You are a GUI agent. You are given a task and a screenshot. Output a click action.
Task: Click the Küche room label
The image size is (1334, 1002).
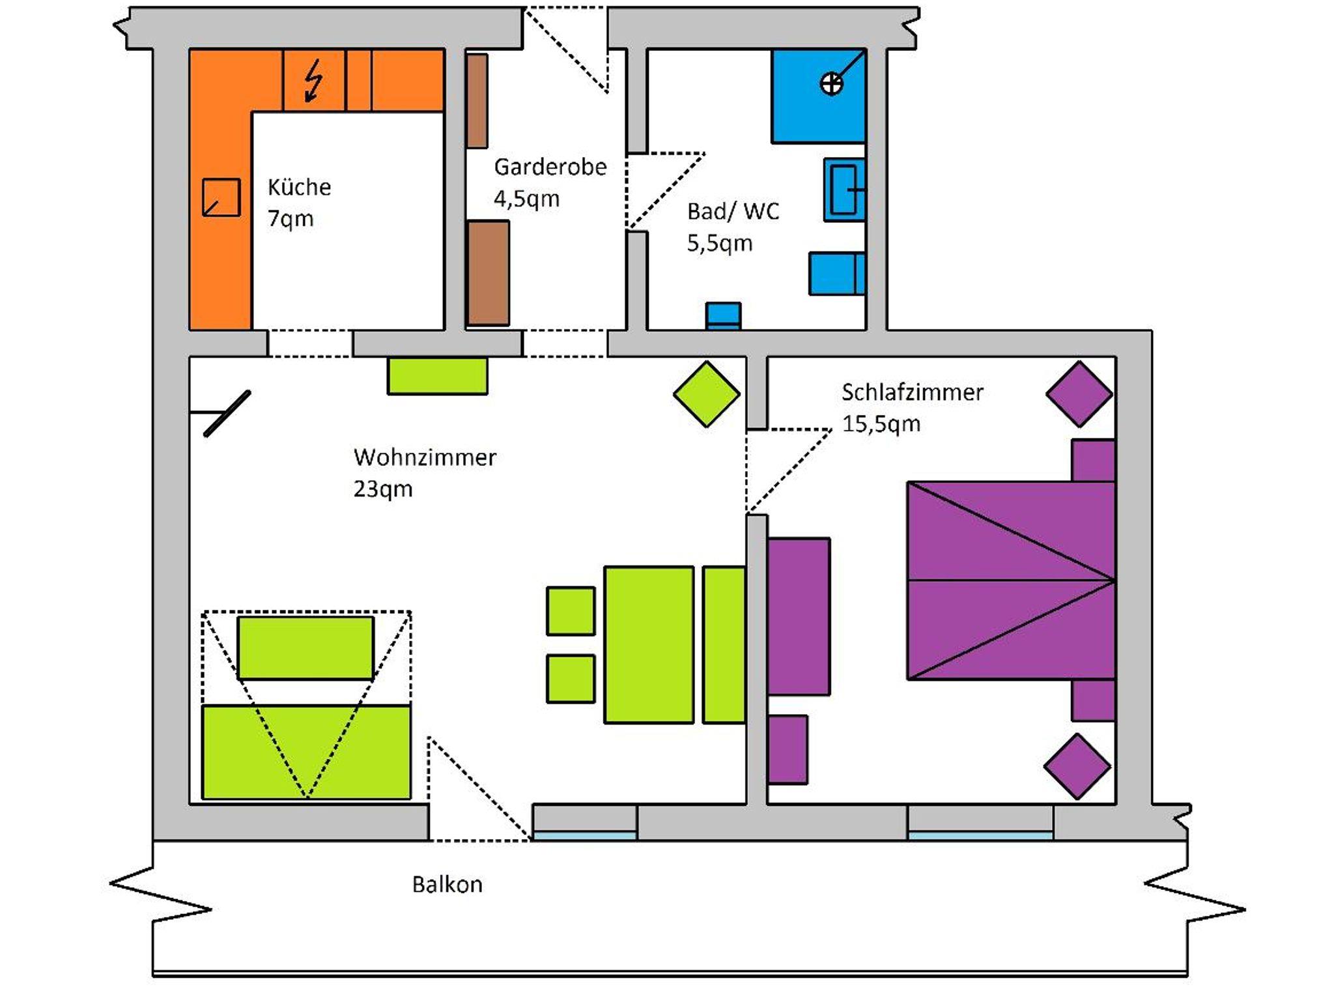pyautogui.click(x=299, y=188)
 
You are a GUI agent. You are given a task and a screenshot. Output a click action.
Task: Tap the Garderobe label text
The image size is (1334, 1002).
pyautogui.click(x=550, y=167)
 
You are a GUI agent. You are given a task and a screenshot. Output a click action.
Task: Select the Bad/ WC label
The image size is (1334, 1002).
pyautogui.click(x=733, y=212)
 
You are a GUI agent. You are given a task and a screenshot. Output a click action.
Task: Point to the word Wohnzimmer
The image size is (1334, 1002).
pyautogui.click(x=425, y=457)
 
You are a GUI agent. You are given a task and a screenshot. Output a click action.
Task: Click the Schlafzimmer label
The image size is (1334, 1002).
pyautogui.click(x=912, y=392)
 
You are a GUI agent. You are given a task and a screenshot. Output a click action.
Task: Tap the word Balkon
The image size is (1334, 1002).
pyautogui.click(x=447, y=885)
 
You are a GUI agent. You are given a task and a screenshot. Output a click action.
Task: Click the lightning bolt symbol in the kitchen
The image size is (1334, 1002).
pyautogui.click(x=314, y=81)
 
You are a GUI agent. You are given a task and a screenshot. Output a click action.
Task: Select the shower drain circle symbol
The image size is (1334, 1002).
pyautogui.click(x=831, y=84)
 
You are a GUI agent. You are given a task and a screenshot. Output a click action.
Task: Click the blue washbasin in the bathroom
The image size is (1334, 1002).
pyautogui.click(x=844, y=190)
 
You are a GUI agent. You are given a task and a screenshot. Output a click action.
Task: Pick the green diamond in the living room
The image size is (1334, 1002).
pyautogui.click(x=707, y=394)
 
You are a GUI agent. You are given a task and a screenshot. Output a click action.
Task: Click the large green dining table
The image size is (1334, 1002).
pyautogui.click(x=649, y=644)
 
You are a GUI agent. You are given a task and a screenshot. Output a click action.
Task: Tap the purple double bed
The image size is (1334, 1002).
pyautogui.click(x=1010, y=580)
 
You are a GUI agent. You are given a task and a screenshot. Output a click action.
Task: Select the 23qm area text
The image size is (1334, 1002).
pyautogui.click(x=383, y=489)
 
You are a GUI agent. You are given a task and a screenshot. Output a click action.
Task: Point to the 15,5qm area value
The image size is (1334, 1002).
pyautogui.click(x=881, y=424)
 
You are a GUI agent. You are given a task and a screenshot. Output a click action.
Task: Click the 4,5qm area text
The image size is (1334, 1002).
pyautogui.click(x=526, y=199)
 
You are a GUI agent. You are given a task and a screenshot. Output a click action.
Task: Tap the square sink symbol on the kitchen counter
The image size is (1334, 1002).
pyautogui.click(x=221, y=197)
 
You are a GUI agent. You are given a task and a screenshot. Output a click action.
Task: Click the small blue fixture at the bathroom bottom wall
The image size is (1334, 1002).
pyautogui.click(x=724, y=316)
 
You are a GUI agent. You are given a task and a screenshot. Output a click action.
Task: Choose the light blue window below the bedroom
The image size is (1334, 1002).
pyautogui.click(x=980, y=835)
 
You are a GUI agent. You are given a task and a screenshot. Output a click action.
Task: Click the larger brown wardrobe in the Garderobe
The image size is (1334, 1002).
pyautogui.click(x=489, y=273)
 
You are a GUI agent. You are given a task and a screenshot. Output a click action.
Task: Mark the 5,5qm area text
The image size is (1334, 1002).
pyautogui.click(x=720, y=244)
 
